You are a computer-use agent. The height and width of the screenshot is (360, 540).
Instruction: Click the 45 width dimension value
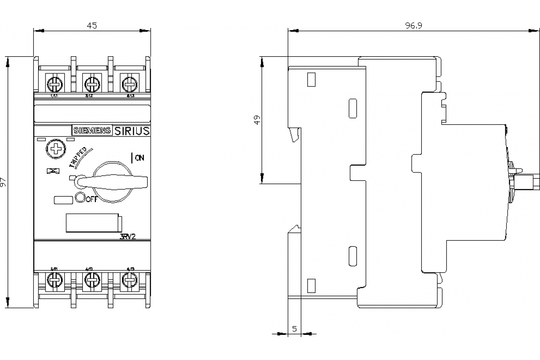(x=92, y=26)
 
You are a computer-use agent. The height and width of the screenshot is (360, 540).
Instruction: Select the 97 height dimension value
(x=4, y=182)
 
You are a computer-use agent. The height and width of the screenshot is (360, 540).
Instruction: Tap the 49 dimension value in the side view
(x=257, y=120)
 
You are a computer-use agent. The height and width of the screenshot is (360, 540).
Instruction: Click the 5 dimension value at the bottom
(x=294, y=328)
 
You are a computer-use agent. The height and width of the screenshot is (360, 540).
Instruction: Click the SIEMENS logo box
(x=92, y=130)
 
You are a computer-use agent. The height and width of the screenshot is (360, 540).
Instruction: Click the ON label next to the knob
(x=139, y=157)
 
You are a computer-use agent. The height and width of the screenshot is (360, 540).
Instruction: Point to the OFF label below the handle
(x=91, y=199)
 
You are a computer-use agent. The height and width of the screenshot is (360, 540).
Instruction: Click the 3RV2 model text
(x=128, y=238)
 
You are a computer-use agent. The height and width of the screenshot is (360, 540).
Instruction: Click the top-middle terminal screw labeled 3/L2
(x=92, y=83)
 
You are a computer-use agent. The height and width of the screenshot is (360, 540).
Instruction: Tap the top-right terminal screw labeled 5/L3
(x=129, y=83)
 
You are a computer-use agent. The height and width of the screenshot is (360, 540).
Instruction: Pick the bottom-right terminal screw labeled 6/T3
(x=129, y=281)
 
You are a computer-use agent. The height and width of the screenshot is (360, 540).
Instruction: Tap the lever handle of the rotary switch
(x=112, y=181)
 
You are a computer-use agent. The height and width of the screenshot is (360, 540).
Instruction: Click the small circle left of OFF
(x=80, y=197)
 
